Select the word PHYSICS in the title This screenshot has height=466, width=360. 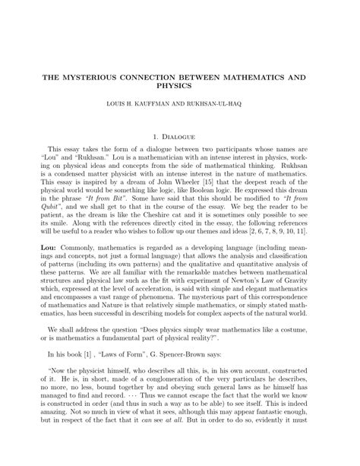179,87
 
